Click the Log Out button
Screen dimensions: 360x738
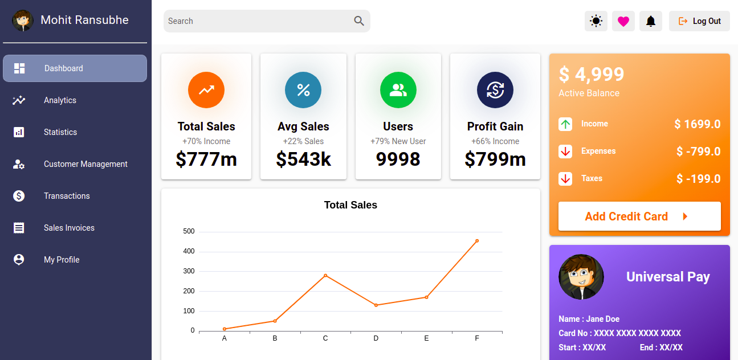[699, 21]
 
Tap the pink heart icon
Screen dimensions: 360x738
[623, 21]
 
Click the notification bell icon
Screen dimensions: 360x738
[651, 21]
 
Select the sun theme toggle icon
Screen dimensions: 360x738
[596, 21]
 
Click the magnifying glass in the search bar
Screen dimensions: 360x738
[359, 21]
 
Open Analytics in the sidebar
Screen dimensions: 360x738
[60, 100]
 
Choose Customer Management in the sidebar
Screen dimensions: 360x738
[85, 164]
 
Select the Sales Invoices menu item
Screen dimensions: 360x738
[69, 228]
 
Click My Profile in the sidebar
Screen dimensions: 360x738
[62, 260]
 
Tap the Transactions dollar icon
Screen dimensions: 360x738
[19, 196]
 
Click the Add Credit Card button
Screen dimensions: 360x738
[639, 216]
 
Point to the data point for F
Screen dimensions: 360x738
[477, 241]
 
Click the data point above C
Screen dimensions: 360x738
[325, 276]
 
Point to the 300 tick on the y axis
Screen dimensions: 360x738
[189, 271]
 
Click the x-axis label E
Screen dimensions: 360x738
[426, 338]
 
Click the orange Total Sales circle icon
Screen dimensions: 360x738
[206, 90]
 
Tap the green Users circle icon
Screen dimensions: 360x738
[398, 90]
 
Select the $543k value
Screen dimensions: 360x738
[303, 159]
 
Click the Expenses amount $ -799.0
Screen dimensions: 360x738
[698, 152]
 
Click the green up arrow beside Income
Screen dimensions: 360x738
[565, 124]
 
